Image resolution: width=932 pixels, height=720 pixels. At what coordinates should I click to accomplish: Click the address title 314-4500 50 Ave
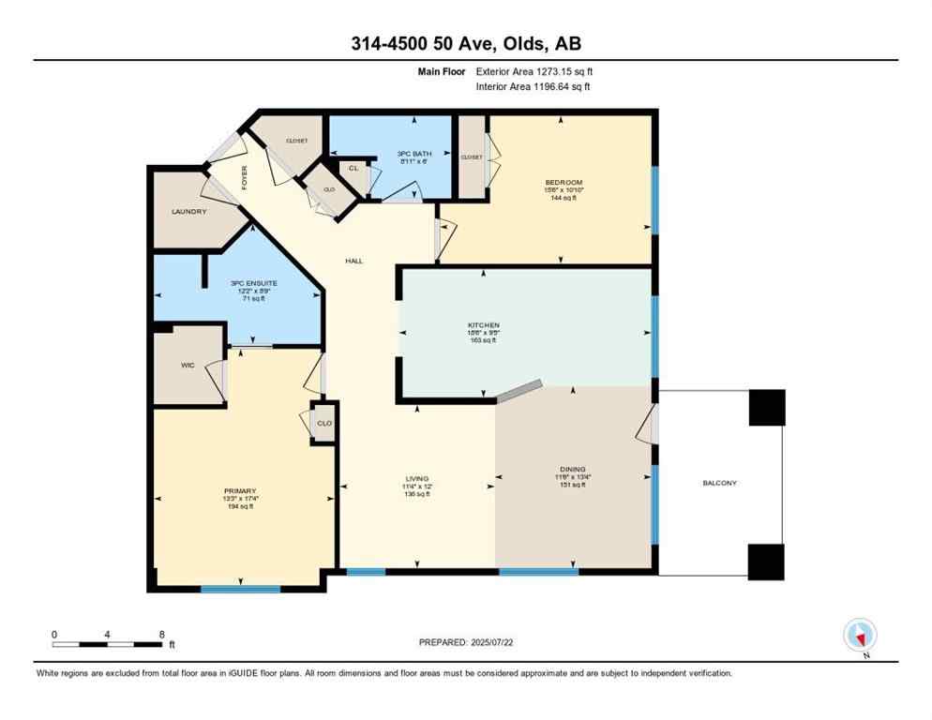click(x=465, y=44)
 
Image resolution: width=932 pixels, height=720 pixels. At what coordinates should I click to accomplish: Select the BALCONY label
click(x=719, y=483)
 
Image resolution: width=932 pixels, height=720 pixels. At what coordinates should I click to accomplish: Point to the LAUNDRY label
click(x=188, y=212)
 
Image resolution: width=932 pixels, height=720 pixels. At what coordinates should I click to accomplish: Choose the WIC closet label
click(x=187, y=365)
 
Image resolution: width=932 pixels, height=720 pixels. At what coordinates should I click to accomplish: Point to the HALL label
click(x=353, y=262)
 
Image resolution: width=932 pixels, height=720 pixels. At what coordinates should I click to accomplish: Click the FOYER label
click(x=244, y=176)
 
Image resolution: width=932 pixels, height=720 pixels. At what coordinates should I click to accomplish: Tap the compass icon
click(x=860, y=635)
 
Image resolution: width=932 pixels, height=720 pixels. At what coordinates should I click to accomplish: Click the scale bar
click(x=108, y=644)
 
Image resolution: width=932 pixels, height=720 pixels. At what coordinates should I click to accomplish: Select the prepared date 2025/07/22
click(x=465, y=642)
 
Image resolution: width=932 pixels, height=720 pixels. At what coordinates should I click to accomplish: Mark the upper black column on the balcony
click(x=766, y=408)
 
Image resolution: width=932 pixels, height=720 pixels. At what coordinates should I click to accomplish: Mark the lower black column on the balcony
click(x=766, y=561)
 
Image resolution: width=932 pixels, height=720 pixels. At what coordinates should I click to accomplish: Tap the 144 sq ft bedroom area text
click(x=564, y=199)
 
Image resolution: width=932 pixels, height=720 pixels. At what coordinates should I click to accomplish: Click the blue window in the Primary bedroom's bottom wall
click(x=240, y=589)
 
